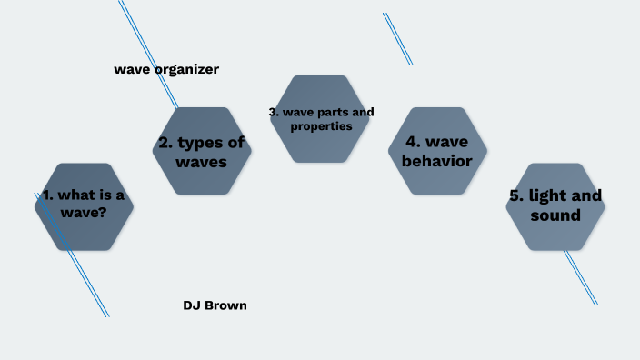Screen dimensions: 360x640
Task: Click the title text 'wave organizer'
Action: coord(166,69)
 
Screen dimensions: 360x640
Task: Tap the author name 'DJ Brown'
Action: coord(215,305)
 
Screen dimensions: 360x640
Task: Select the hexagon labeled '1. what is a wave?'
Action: coord(84,206)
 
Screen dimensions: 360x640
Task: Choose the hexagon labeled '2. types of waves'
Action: coord(202,151)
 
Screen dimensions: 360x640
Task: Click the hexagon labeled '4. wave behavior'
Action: coord(437,151)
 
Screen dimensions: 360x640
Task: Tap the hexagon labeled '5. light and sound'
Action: coord(555,206)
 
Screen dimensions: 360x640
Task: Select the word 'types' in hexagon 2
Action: coord(197,142)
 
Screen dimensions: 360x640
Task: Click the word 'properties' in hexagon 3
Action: coord(321,126)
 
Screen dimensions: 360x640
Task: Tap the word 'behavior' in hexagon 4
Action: coord(437,162)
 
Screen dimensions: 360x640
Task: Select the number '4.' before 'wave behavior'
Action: coord(408,142)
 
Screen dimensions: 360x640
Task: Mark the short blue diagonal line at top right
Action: coord(397,39)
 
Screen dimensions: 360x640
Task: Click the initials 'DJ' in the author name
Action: coord(192,305)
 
